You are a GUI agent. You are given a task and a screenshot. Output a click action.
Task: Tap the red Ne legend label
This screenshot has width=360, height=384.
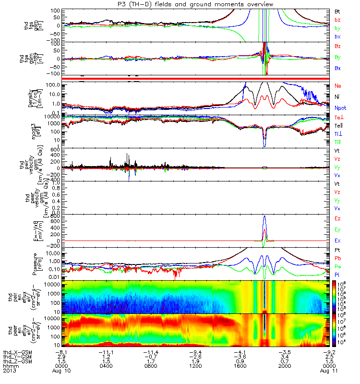(x=337, y=85)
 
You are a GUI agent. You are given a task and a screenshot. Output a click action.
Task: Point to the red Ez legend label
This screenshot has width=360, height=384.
(x=337, y=218)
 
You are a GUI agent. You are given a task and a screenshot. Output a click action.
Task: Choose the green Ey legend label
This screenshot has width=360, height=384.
(x=337, y=229)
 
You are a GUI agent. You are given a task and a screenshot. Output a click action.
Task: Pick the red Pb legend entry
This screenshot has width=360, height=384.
(x=337, y=259)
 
